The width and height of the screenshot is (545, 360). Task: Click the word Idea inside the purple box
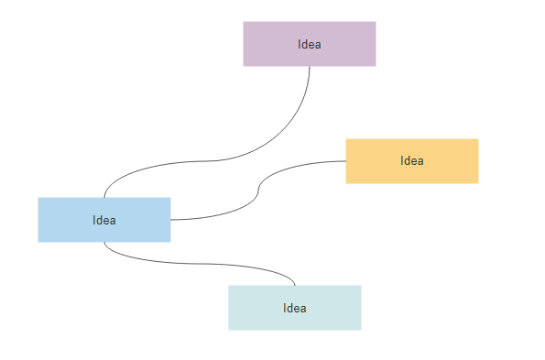coord(310,44)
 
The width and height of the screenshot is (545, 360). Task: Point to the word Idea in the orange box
coord(412,161)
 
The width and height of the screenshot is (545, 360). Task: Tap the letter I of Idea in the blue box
coord(94,220)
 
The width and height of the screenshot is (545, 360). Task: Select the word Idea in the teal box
coord(295,308)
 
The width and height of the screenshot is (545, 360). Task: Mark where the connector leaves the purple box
coord(310,67)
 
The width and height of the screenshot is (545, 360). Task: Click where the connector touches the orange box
coord(345,161)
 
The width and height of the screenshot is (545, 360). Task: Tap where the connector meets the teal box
coord(295,285)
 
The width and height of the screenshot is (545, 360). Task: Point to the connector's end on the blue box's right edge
coord(171,220)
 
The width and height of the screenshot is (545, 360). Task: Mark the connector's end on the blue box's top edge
coord(104,197)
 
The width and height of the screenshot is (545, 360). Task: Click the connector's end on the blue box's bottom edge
coord(104,243)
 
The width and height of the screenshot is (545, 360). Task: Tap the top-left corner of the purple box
coord(244,22)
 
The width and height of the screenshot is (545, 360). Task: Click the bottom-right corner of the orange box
coord(478,183)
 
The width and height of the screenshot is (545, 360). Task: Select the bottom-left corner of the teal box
coord(229,329)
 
